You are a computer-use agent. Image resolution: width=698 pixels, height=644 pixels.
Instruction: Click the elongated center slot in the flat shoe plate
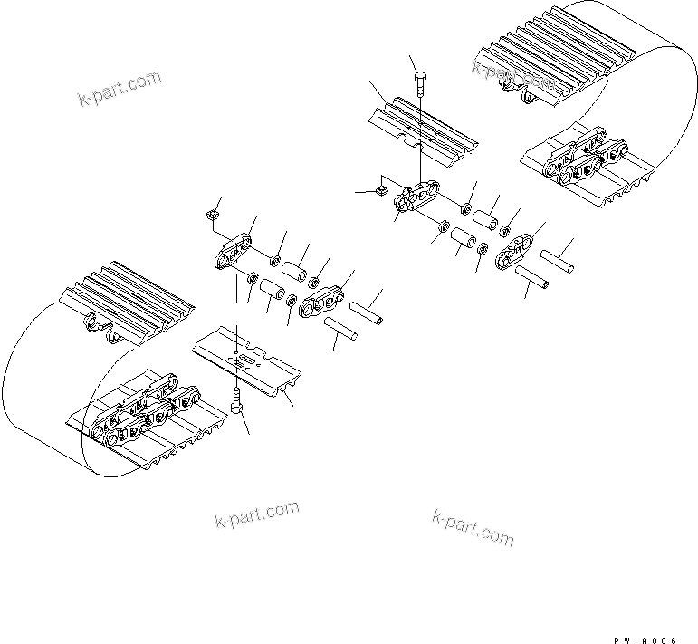(x=244, y=361)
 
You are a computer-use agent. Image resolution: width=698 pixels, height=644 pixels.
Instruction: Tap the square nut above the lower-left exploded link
(x=211, y=215)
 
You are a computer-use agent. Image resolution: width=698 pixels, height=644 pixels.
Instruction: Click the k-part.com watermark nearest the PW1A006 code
(x=473, y=526)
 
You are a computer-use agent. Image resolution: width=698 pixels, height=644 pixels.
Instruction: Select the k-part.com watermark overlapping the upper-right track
(x=512, y=79)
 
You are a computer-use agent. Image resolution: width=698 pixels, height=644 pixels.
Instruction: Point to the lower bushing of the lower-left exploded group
(x=273, y=292)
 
